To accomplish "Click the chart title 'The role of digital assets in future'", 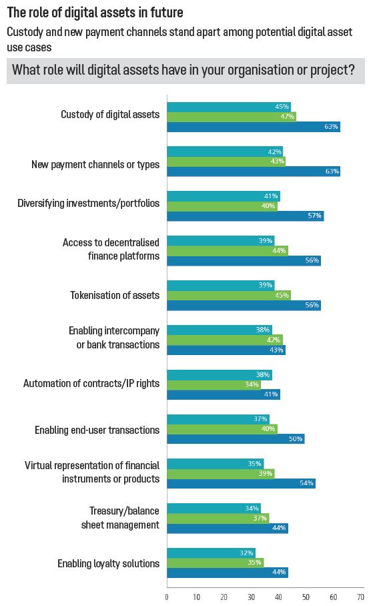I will (95, 13).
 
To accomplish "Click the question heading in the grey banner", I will (183, 70).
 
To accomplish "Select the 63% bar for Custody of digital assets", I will (254, 127).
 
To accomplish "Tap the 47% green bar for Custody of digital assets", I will (232, 117).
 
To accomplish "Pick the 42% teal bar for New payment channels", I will (225, 151).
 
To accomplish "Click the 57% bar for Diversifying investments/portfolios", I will (245, 216).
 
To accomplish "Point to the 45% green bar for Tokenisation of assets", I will (229, 295).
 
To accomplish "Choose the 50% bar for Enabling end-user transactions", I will (236, 438).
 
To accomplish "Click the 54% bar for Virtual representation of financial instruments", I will (241, 483).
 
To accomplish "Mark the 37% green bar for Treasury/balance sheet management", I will (218, 518).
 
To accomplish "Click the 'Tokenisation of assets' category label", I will (115, 295).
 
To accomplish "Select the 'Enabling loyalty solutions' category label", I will (108, 563).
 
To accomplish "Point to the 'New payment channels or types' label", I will (95, 164).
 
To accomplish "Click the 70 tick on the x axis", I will (360, 597).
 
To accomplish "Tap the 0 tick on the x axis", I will (167, 597).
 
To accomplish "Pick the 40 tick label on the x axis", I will (278, 597).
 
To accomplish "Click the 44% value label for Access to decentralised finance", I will (281, 250).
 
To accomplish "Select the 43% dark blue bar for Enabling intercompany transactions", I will (226, 350).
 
